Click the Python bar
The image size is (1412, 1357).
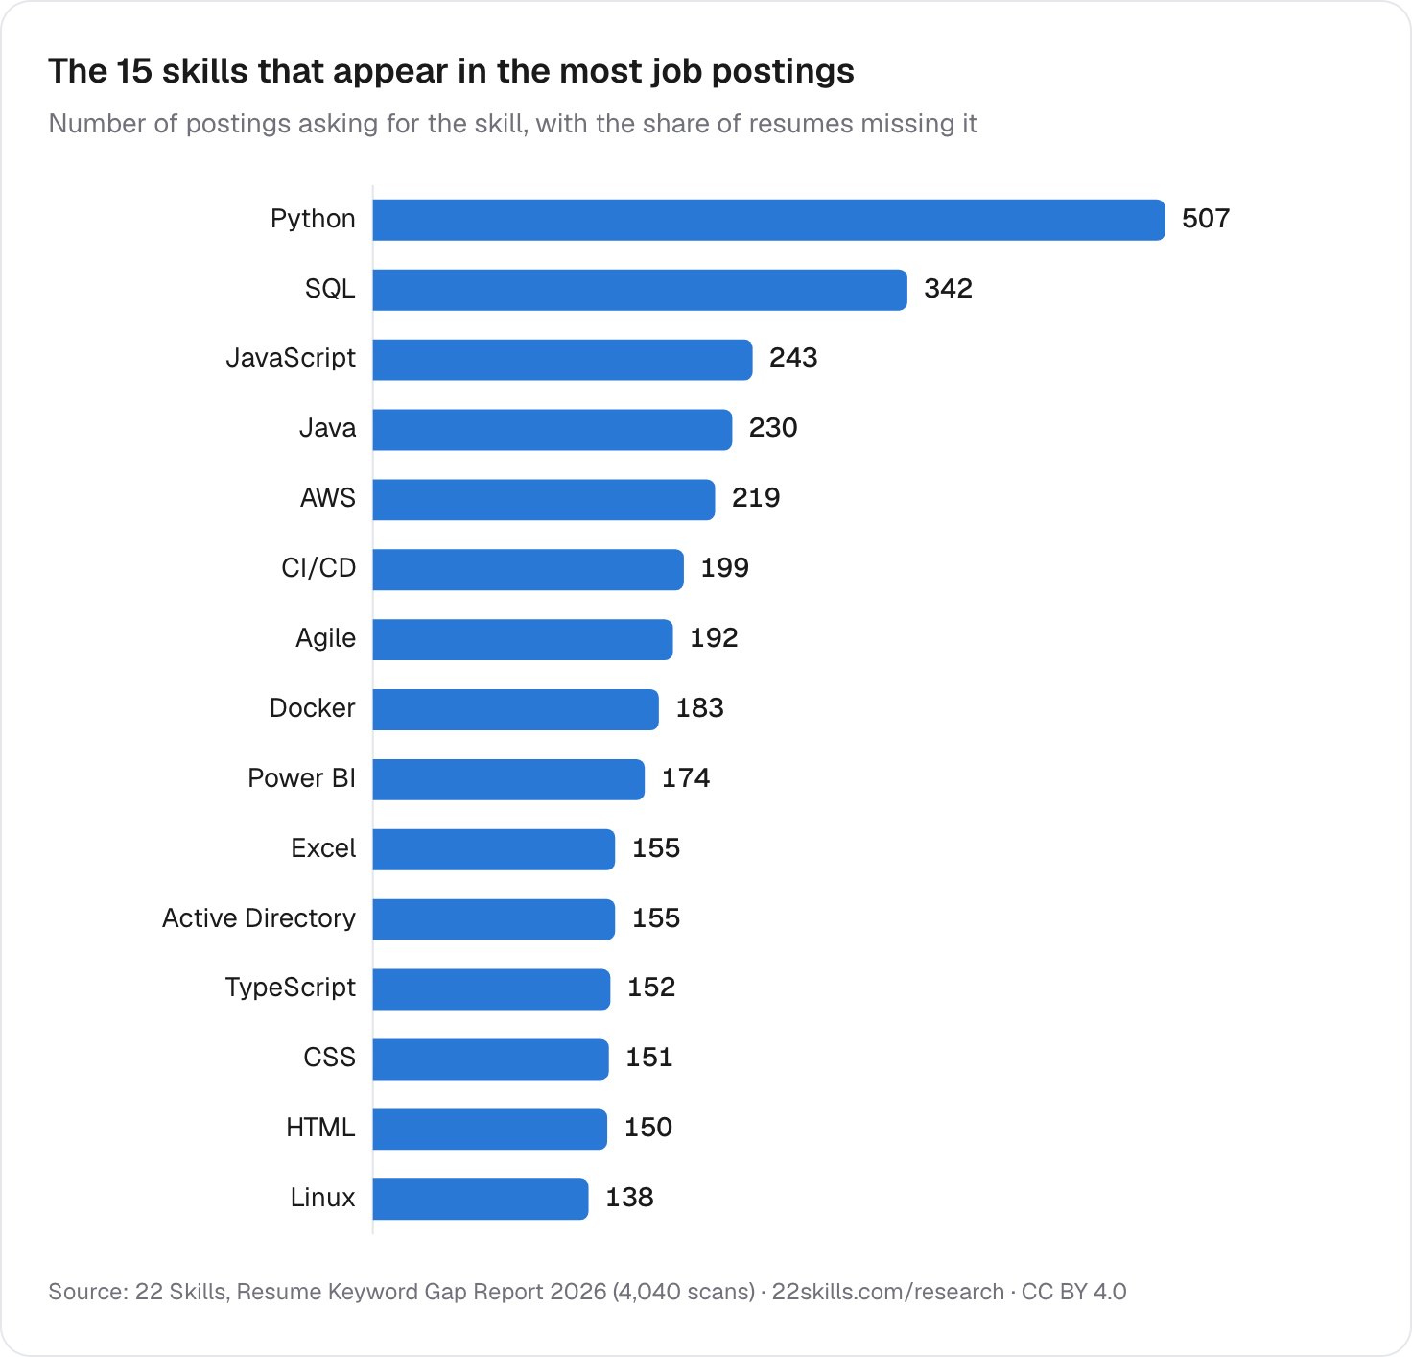point(768,220)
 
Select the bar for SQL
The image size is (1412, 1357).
point(640,290)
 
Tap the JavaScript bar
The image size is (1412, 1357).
point(562,359)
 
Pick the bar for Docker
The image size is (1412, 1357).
point(516,709)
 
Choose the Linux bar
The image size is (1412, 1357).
point(481,1199)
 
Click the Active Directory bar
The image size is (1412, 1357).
point(494,919)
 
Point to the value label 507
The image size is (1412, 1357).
point(1205,219)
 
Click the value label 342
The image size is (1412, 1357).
point(948,288)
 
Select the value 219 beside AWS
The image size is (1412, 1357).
point(755,497)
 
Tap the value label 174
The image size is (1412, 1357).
point(686,777)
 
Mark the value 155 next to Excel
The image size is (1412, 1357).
point(656,848)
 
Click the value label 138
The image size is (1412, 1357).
point(630,1198)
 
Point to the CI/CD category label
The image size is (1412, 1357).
point(318,568)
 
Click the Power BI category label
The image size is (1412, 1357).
point(302,777)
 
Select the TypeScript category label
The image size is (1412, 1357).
point(291,988)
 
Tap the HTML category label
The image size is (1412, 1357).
point(320,1128)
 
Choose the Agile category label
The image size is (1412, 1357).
point(326,638)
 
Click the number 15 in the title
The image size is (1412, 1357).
point(134,71)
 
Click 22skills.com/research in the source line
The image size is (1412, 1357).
point(887,1292)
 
